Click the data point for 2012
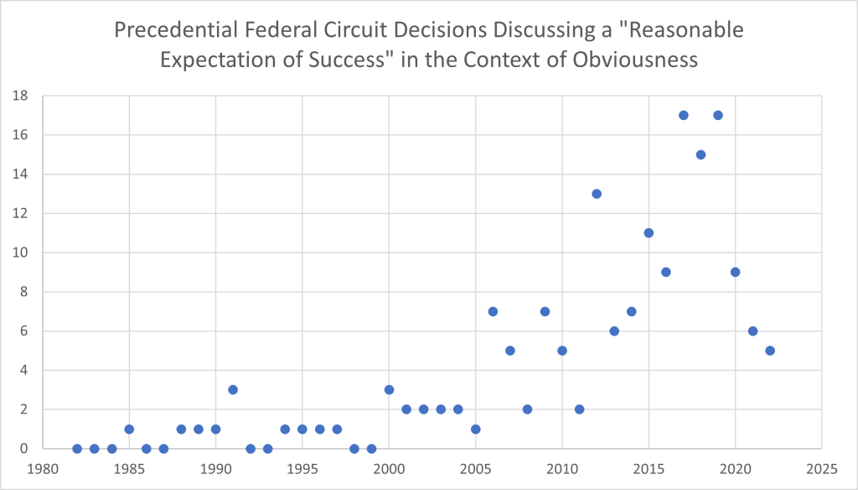tap(597, 194)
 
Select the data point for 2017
tap(684, 115)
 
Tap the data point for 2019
tap(718, 115)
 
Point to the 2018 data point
tap(700, 154)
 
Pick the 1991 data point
tap(233, 389)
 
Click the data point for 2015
tap(649, 232)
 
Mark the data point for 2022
tap(770, 351)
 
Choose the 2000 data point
tap(389, 389)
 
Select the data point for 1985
tap(129, 429)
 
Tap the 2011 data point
tap(579, 409)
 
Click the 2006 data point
tap(493, 311)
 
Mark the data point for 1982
tap(77, 449)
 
